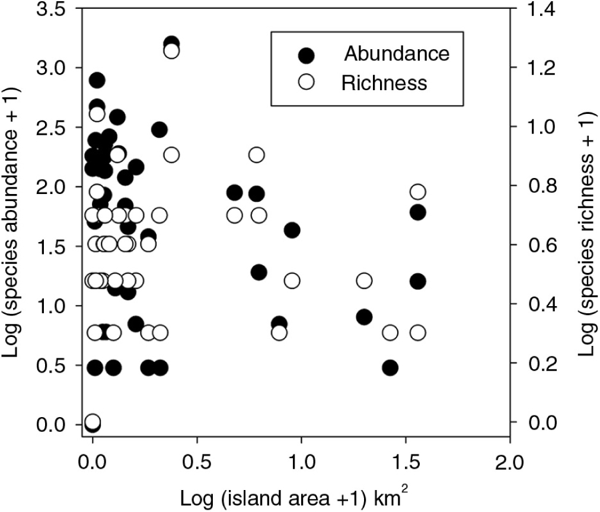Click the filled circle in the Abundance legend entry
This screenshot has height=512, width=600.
pos(306,55)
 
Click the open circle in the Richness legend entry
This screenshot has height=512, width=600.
pos(306,83)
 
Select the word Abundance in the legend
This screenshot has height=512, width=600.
pos(397,54)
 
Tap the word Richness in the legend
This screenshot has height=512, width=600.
pos(384,82)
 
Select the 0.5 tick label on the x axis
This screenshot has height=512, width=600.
pos(196,462)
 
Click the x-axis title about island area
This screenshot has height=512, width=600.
pos(302,495)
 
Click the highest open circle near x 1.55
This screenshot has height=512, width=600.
pos(418,192)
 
